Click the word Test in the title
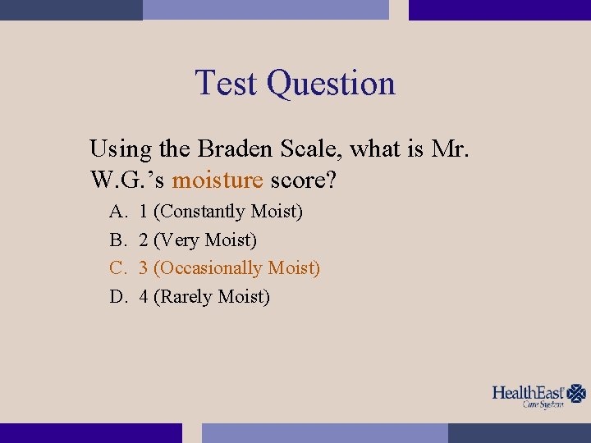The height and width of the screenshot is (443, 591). (227, 83)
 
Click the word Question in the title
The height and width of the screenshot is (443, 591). (331, 84)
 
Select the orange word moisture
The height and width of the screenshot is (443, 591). (217, 179)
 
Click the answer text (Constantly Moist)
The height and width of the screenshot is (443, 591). (228, 212)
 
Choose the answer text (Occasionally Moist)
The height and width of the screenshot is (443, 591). (236, 268)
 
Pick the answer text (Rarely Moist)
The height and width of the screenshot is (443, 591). (211, 297)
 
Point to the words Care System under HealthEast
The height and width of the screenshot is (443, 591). (543, 405)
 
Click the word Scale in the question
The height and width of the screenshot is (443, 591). (313, 149)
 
